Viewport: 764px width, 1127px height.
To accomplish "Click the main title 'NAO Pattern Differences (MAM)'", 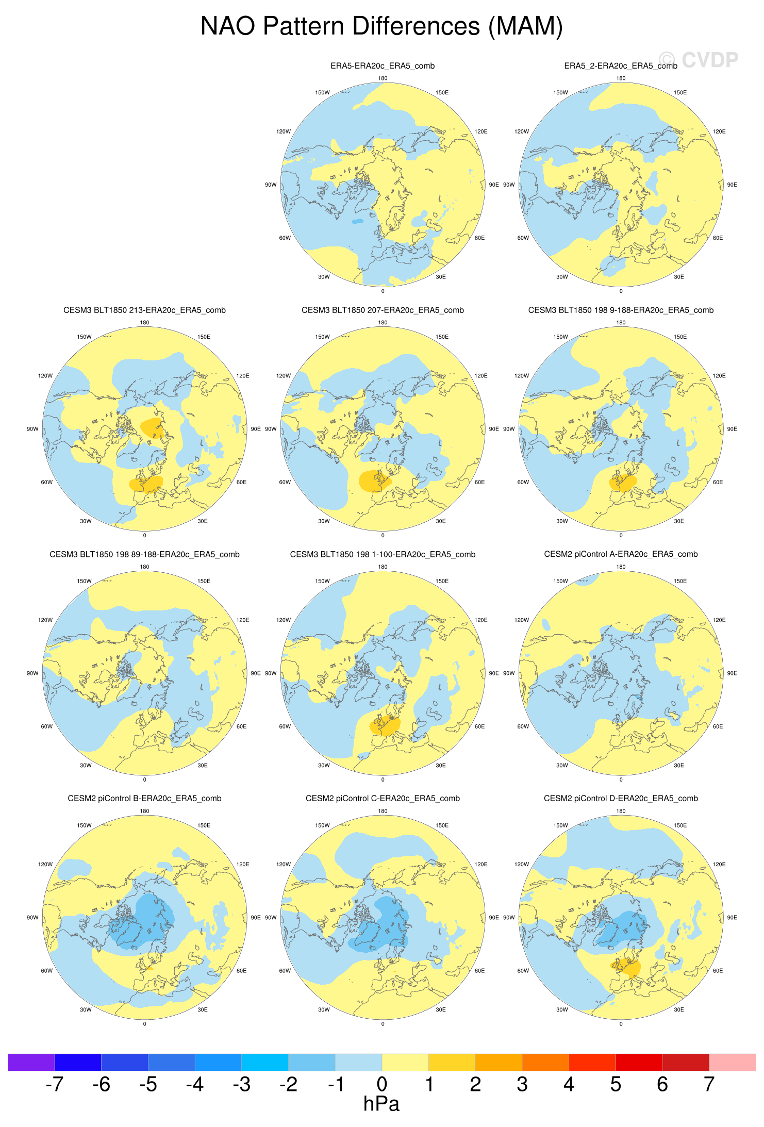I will [381, 26].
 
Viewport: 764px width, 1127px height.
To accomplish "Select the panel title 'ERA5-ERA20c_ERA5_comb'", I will [383, 66].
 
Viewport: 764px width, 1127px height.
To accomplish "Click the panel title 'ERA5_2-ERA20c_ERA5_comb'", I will [621, 66].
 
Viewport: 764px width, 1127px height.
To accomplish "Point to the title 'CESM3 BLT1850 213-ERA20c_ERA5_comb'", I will [144, 310].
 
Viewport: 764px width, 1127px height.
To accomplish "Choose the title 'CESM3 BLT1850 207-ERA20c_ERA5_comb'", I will [383, 310].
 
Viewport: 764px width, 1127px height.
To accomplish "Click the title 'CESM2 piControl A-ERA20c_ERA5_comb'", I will [621, 554].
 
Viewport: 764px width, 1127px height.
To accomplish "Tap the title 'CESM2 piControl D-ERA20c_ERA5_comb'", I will [621, 799].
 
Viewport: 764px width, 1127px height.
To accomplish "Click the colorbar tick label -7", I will [54, 1085].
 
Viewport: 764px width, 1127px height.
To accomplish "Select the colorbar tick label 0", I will [381, 1085].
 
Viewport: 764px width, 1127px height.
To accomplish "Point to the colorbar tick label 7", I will [709, 1085].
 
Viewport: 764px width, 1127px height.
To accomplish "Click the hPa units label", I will [381, 1104].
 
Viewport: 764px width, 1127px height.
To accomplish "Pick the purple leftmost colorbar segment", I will [31, 1063].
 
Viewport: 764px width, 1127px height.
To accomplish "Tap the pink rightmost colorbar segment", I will [733, 1063].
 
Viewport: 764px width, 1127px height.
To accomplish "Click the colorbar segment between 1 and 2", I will [452, 1063].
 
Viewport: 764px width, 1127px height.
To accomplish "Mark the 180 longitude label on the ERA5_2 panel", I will [621, 79].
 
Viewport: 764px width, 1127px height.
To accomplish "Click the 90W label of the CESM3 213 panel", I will [32, 429].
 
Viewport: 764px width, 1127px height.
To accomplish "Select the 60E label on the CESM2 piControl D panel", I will [718, 971].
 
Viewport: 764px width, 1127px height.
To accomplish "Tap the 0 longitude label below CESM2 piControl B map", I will [144, 1024].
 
